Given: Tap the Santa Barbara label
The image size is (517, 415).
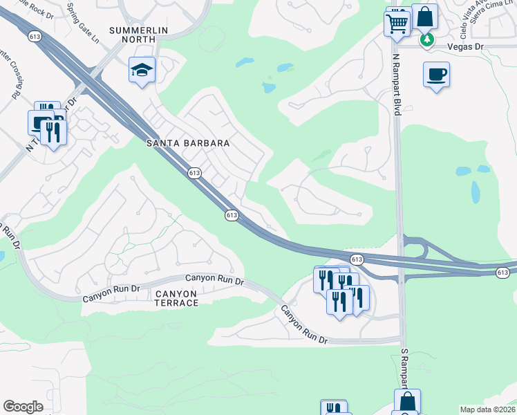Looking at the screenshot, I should [x=187, y=143].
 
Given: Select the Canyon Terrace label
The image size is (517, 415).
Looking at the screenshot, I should [x=176, y=298].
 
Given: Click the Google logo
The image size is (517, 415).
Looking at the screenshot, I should [x=23, y=407].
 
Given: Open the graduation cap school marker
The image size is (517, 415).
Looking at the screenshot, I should [x=142, y=69].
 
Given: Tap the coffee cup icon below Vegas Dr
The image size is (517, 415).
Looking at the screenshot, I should [x=437, y=74].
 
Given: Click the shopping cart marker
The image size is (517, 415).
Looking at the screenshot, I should [x=397, y=23].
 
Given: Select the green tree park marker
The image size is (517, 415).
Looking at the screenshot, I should [x=428, y=39].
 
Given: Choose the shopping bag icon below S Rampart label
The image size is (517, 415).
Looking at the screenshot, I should [x=408, y=401].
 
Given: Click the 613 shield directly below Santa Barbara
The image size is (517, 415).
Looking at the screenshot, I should [x=194, y=172].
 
